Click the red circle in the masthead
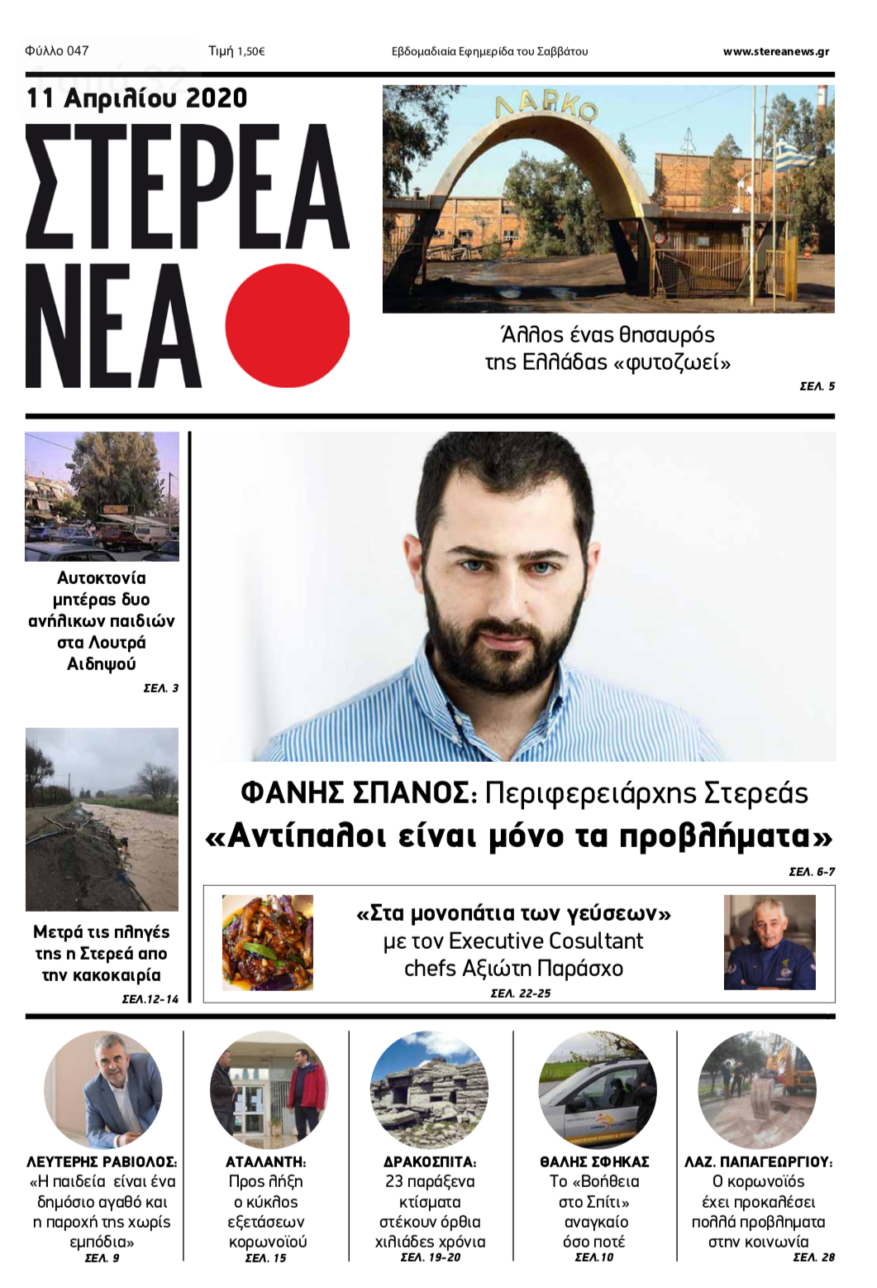click(287, 326)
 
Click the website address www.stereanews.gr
click(775, 51)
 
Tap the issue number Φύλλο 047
click(57, 50)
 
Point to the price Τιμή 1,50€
click(236, 51)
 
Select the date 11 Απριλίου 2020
click(137, 98)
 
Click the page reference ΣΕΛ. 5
click(817, 385)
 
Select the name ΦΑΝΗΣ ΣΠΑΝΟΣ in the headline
click(355, 792)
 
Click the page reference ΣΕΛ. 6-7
click(812, 871)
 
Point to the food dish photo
click(267, 942)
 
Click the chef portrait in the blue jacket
click(769, 942)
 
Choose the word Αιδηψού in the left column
click(102, 663)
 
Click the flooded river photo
click(102, 819)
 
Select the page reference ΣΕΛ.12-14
click(150, 998)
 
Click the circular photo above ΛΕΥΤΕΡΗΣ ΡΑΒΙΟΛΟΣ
click(102, 1089)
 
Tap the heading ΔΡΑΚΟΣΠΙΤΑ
click(429, 1161)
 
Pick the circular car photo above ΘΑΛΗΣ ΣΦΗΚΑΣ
click(597, 1089)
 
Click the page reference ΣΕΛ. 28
click(813, 1257)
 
